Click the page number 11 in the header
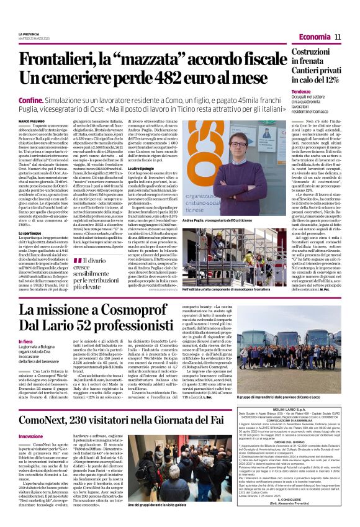coord(338,37)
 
